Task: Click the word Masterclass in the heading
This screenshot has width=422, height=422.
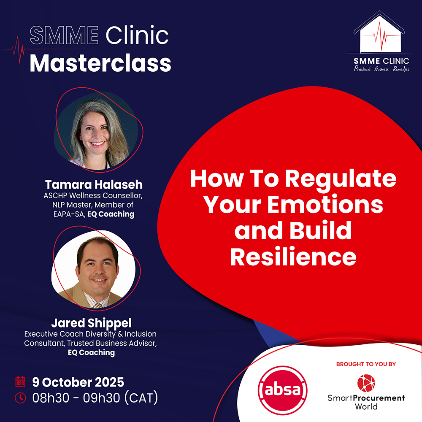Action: pyautogui.click(x=100, y=64)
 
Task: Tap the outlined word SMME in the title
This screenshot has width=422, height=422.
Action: pyautogui.click(x=64, y=35)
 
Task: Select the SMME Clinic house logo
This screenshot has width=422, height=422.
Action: pyautogui.click(x=379, y=32)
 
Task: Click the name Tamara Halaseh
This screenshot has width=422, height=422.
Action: pyautogui.click(x=94, y=185)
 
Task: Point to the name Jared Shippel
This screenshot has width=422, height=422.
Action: pyautogui.click(x=91, y=323)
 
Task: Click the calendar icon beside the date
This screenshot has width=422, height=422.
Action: pyautogui.click(x=20, y=381)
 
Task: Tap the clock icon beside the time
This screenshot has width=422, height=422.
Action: pyautogui.click(x=20, y=398)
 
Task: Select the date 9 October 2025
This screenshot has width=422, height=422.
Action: pyautogui.click(x=78, y=382)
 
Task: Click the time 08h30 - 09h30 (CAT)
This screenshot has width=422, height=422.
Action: pyautogui.click(x=95, y=398)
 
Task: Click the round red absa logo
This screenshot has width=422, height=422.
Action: pyautogui.click(x=282, y=390)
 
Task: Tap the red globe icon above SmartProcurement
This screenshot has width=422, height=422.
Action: pyautogui.click(x=366, y=383)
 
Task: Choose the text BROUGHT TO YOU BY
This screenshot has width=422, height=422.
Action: pyautogui.click(x=366, y=364)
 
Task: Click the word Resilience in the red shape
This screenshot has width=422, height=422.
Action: pyautogui.click(x=293, y=257)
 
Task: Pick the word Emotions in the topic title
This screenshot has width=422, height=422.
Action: pyautogui.click(x=325, y=205)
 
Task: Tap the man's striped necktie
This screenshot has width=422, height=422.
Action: pyautogui.click(x=97, y=305)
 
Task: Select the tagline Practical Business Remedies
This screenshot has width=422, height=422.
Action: pyautogui.click(x=381, y=69)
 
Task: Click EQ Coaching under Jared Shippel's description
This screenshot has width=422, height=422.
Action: pyautogui.click(x=91, y=352)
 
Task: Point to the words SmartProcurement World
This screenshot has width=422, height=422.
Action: pyautogui.click(x=366, y=402)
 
